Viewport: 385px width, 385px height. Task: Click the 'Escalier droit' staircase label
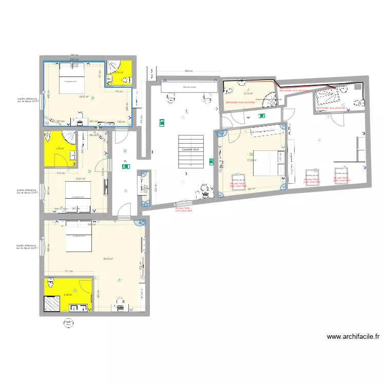click(x=190, y=149)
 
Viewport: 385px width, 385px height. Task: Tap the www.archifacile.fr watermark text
click(x=353, y=337)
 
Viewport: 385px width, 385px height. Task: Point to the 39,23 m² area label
click(x=108, y=259)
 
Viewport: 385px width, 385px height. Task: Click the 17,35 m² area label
click(x=252, y=160)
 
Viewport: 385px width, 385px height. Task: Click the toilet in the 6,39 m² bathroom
click(x=50, y=283)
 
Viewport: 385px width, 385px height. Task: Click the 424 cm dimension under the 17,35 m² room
click(x=250, y=189)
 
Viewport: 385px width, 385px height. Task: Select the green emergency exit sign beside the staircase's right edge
click(x=210, y=162)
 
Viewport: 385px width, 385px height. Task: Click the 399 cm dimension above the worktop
click(x=188, y=71)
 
